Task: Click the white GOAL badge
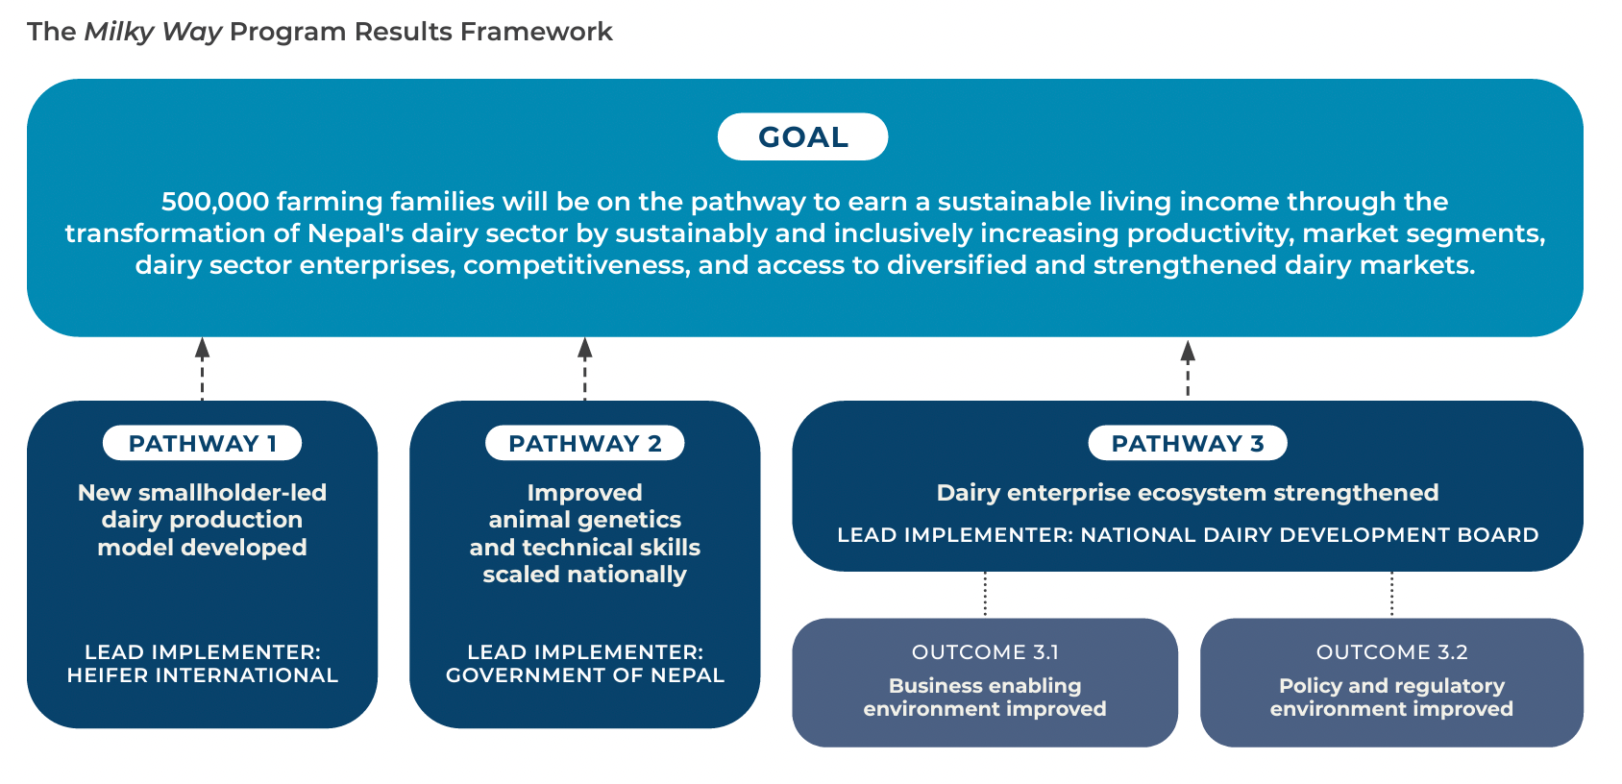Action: [x=802, y=136]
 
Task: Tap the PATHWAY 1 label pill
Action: [x=202, y=443]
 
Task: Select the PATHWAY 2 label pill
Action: [x=584, y=443]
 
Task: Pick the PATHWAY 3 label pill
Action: [x=1187, y=443]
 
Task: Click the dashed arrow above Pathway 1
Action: [x=202, y=369]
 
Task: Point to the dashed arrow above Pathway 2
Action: [x=584, y=369]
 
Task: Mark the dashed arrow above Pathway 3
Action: [x=1188, y=369]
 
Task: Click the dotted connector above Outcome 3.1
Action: [x=985, y=595]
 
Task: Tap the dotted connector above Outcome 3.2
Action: [x=1391, y=595]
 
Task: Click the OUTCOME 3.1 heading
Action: [x=985, y=652]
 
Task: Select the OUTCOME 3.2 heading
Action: [x=1391, y=652]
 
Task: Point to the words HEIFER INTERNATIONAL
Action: [x=202, y=675]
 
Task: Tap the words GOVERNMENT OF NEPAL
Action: [x=584, y=675]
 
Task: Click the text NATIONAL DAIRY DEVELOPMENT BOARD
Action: [x=1309, y=535]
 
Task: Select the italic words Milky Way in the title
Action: [x=153, y=32]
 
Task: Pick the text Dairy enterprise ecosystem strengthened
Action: [x=1187, y=493]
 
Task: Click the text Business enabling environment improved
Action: [x=985, y=698]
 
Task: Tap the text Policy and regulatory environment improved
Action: [x=1391, y=698]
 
